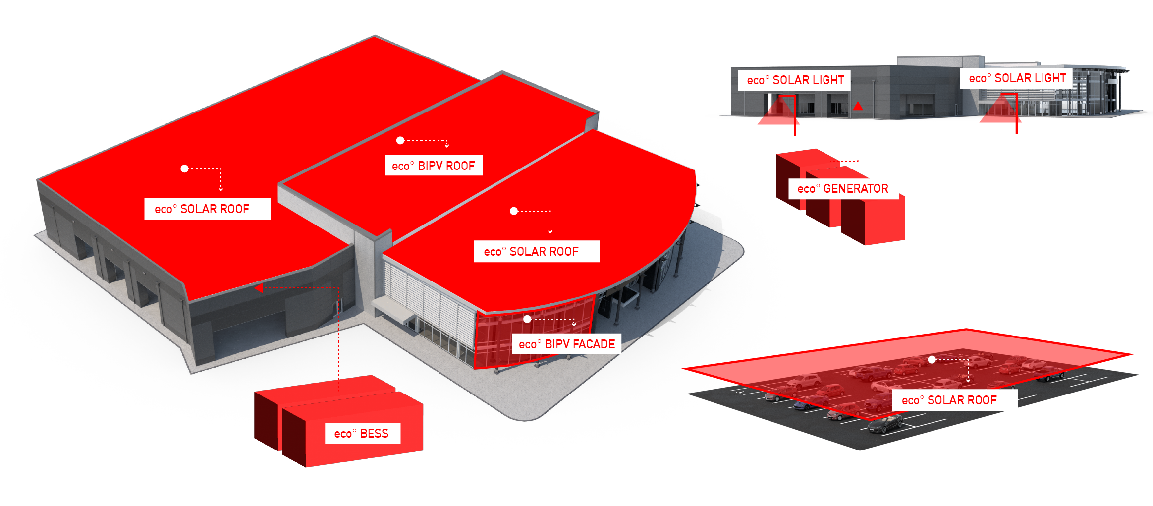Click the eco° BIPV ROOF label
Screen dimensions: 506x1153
coord(434,166)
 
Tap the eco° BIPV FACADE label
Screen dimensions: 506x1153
coord(566,344)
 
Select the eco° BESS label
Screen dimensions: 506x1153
coord(362,434)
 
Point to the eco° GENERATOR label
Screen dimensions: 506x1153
coord(843,189)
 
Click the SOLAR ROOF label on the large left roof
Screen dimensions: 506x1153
coord(207,209)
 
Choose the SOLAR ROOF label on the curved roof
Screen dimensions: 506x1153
coord(536,252)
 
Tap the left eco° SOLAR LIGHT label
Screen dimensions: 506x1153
coord(795,80)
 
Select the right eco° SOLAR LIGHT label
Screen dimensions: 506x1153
coord(1017,78)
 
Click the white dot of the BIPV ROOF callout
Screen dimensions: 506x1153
coord(400,140)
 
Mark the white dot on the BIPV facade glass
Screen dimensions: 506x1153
coord(527,319)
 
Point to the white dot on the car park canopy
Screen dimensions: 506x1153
coord(932,359)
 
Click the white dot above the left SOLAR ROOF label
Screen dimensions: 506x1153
coord(184,169)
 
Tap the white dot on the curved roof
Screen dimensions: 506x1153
coord(514,211)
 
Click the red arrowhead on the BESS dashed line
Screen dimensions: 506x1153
coord(259,288)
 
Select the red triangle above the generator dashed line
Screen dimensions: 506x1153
coord(858,106)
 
